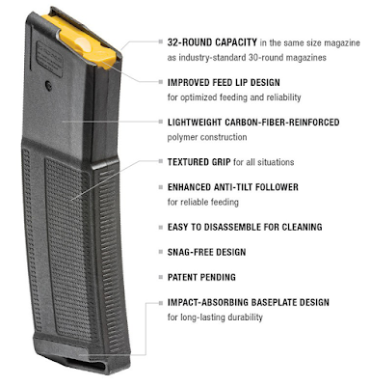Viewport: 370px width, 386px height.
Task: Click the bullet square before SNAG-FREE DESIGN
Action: point(158,253)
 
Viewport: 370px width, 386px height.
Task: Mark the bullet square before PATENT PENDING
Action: point(158,277)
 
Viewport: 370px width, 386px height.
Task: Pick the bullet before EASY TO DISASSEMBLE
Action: point(158,229)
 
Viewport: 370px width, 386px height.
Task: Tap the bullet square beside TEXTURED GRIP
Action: point(158,162)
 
